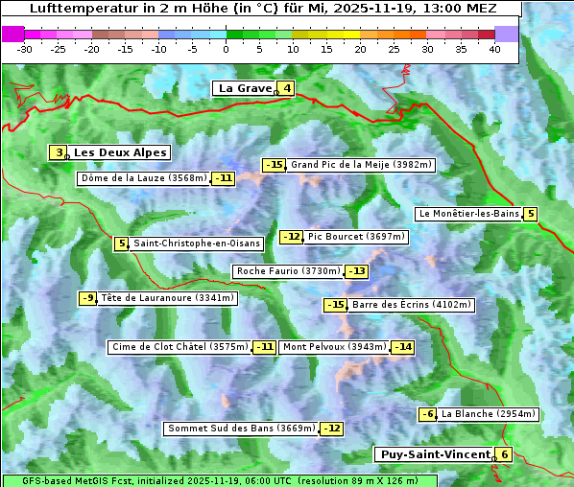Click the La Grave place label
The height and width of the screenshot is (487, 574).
coord(245,88)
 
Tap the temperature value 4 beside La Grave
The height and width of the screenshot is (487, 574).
coord(287,89)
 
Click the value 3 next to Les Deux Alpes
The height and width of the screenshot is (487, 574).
coord(60,152)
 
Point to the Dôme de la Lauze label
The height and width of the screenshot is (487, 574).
coord(144,178)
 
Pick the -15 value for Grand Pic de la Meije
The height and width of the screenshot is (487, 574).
coord(275,165)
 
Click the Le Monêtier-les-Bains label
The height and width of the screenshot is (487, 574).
coord(468,214)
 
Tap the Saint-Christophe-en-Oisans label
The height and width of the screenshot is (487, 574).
coord(197,243)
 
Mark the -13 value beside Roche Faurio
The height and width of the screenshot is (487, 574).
coord(356,271)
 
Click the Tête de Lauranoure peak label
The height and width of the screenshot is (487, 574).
coord(168,298)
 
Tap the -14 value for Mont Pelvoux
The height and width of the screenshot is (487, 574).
coord(402,347)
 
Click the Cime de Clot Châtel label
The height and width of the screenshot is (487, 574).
coord(179,347)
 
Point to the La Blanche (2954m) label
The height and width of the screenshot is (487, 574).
coord(489,414)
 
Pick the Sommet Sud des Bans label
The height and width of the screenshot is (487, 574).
coord(241,429)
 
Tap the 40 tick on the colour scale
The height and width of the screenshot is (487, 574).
coord(494,49)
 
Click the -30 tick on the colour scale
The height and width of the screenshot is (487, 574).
coord(25,49)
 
